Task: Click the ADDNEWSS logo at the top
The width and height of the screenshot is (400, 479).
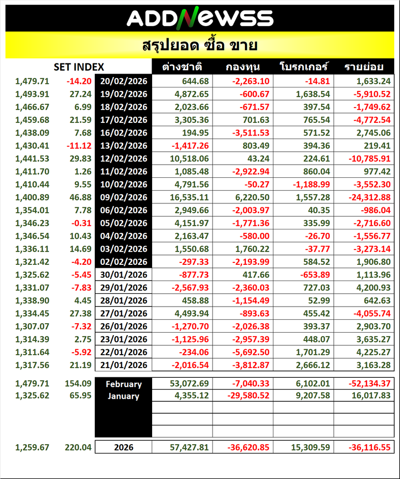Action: click(200, 18)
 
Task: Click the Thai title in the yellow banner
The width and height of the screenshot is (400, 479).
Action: click(200, 46)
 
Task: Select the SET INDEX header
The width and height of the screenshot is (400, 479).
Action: click(79, 67)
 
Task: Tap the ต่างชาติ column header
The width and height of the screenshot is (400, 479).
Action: click(182, 67)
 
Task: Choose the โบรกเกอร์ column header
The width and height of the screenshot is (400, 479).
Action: click(303, 67)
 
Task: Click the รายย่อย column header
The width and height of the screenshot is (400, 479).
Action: click(364, 67)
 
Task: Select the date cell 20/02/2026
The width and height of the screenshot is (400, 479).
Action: click(124, 81)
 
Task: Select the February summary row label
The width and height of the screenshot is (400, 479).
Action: click(124, 384)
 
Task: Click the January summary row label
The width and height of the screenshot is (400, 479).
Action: click(124, 396)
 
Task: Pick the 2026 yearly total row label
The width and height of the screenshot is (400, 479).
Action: click(124, 448)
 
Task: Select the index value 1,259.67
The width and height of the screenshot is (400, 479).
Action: click(32, 448)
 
